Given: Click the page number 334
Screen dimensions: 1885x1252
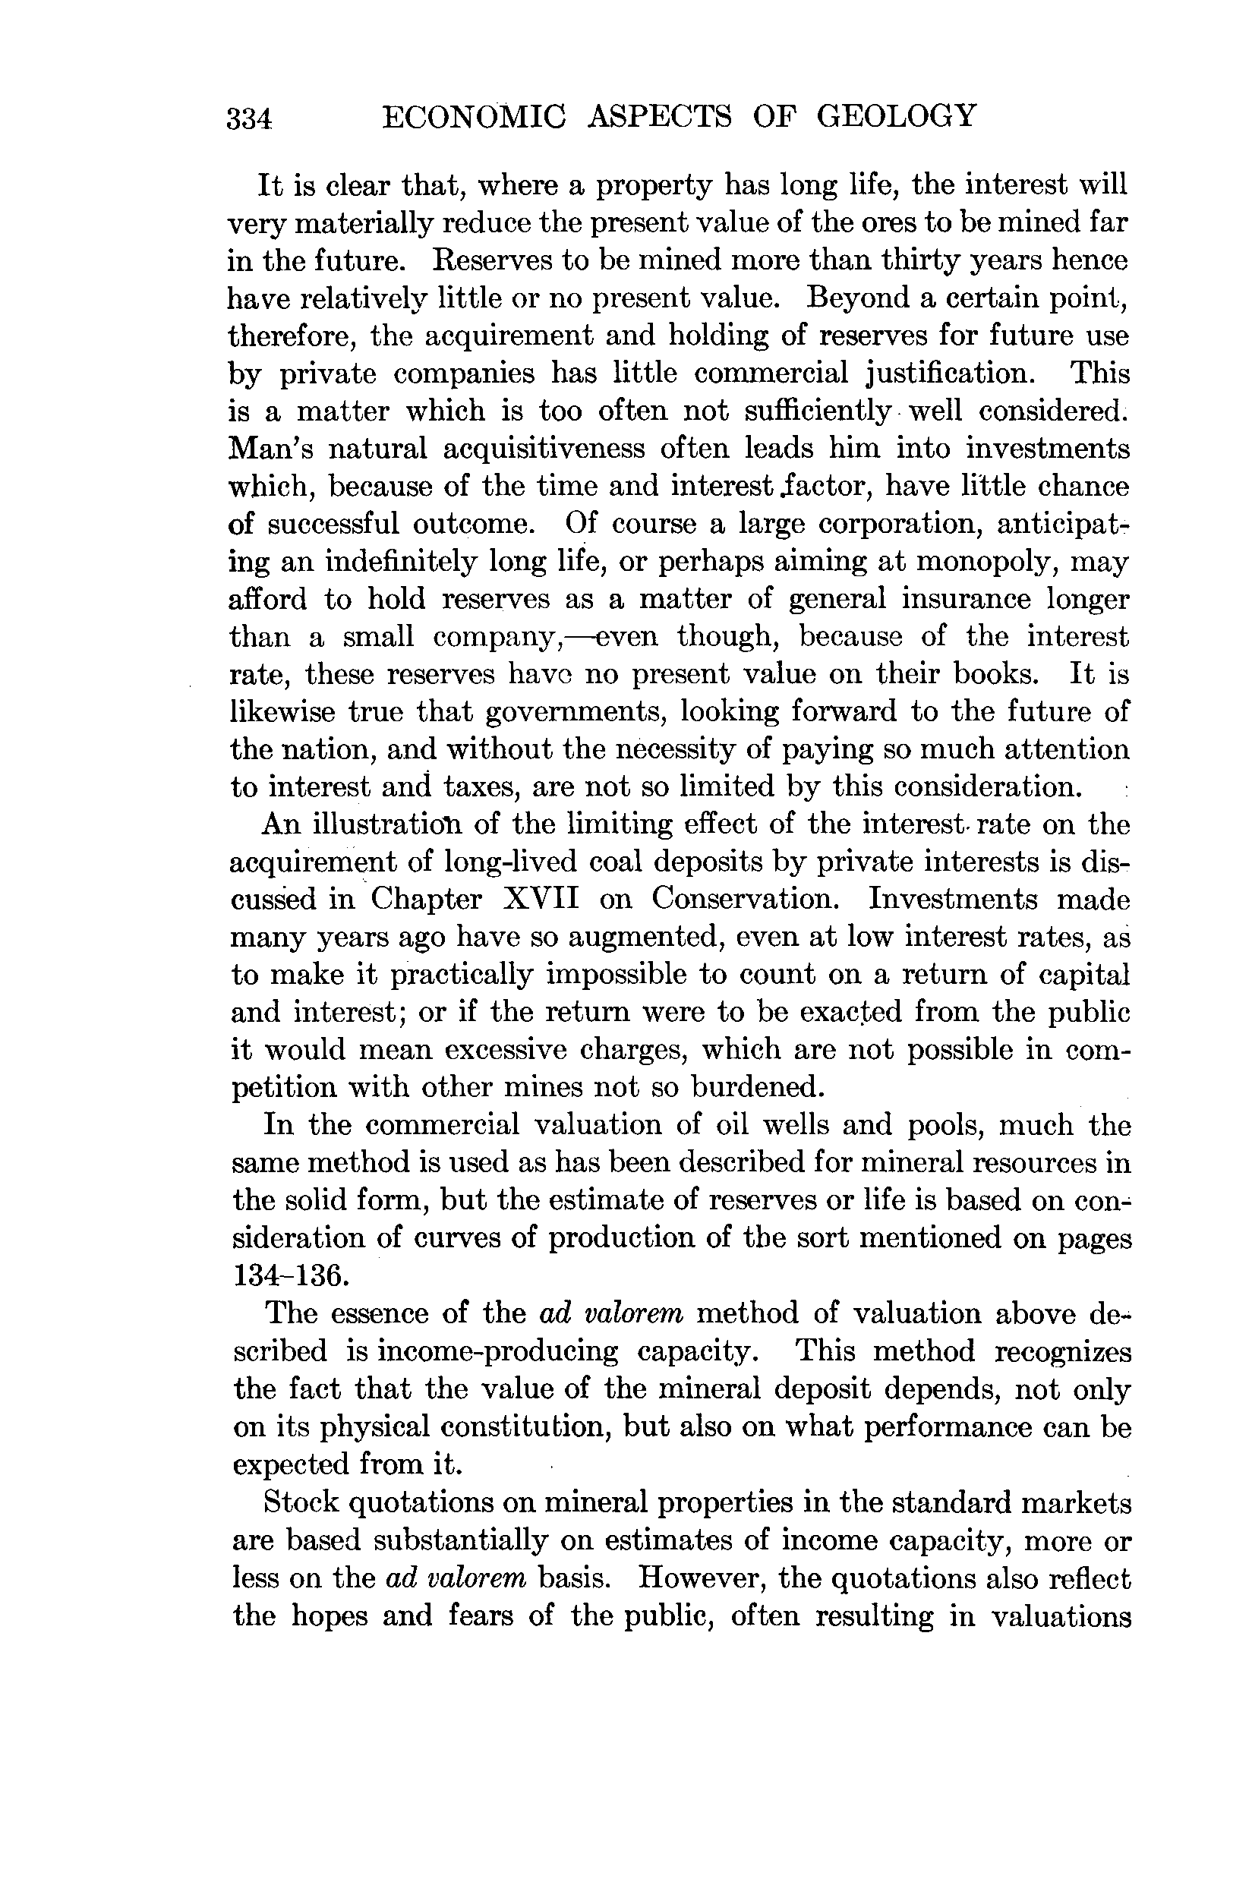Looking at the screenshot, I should tap(250, 119).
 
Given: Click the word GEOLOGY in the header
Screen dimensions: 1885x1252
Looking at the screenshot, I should tap(896, 117).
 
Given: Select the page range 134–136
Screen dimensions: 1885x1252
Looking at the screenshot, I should tap(290, 1277).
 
